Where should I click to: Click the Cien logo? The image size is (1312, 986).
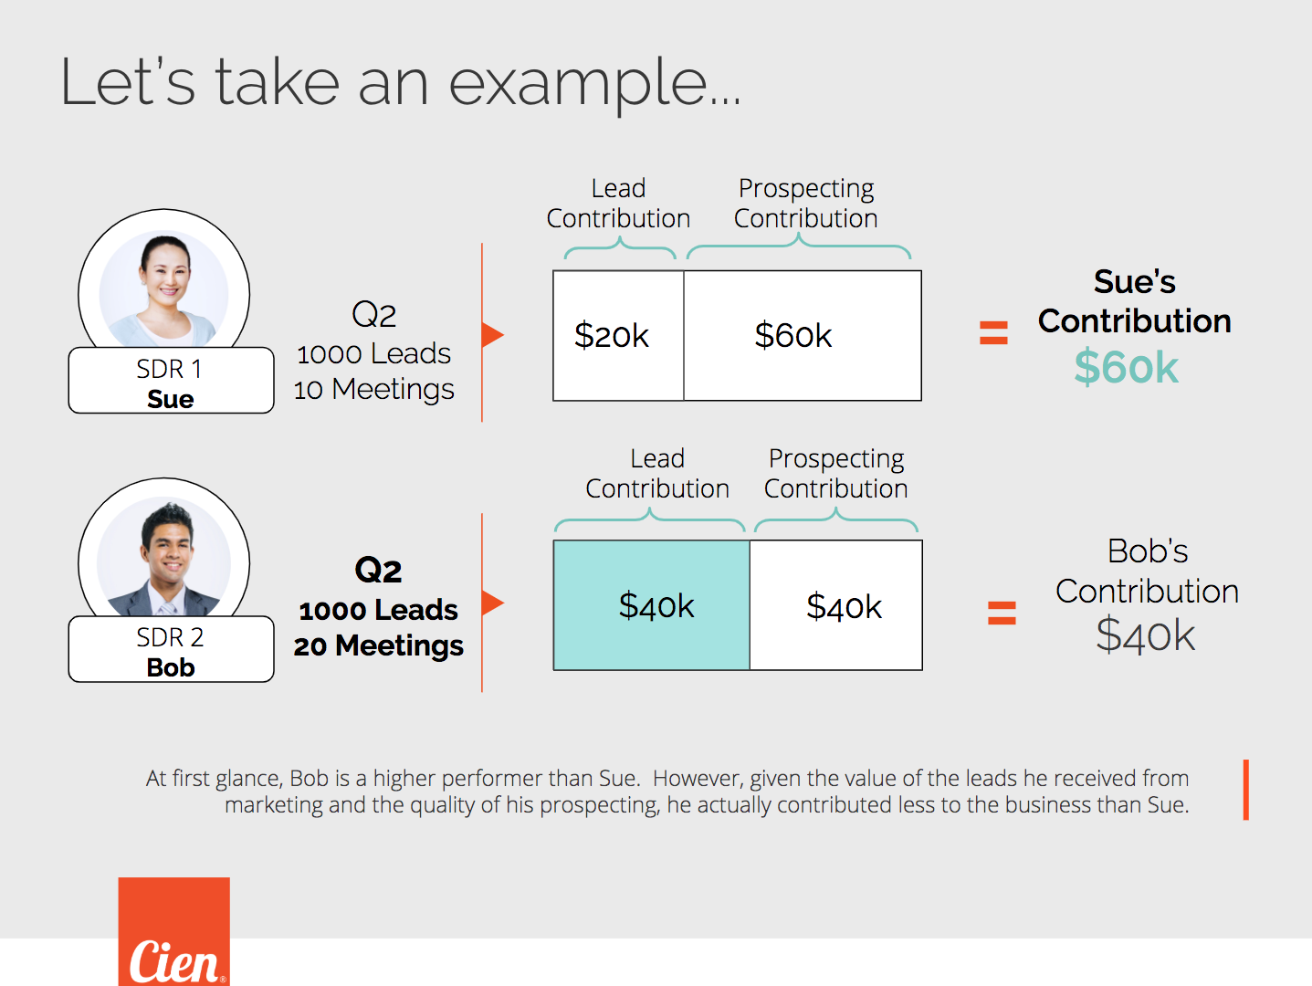(x=174, y=931)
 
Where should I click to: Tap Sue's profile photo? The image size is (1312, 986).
(x=163, y=288)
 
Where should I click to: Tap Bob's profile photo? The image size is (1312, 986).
(x=163, y=557)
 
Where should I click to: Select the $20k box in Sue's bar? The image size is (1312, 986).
(x=618, y=336)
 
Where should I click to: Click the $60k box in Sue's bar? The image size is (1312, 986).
(x=803, y=336)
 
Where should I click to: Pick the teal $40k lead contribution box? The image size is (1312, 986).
(x=652, y=605)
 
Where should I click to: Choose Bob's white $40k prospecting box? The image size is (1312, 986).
(x=836, y=605)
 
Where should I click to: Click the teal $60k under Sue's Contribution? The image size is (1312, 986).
(x=1126, y=367)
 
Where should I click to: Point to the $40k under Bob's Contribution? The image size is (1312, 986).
(x=1145, y=635)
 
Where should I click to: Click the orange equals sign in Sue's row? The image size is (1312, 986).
(x=993, y=333)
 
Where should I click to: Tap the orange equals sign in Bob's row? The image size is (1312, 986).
(x=1002, y=613)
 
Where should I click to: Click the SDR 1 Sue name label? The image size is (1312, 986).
(x=171, y=381)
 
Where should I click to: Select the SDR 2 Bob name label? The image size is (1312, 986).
(x=171, y=649)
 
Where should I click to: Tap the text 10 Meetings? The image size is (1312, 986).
(x=373, y=390)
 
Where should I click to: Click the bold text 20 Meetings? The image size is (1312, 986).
(x=378, y=646)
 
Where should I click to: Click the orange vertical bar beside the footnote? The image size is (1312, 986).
(x=1245, y=790)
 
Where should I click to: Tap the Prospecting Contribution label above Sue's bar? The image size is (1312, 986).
(x=805, y=204)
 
